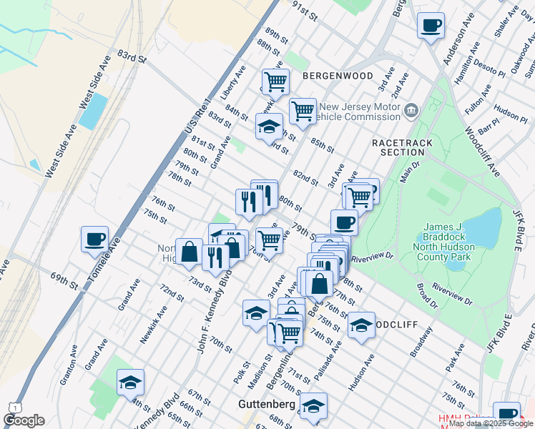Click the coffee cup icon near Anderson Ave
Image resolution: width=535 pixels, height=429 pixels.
pyautogui.click(x=430, y=26)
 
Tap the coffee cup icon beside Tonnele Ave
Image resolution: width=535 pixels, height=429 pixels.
pyautogui.click(x=94, y=240)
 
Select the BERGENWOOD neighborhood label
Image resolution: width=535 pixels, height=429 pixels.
pyautogui.click(x=338, y=75)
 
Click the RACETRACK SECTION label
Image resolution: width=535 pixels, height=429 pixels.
pyautogui.click(x=403, y=147)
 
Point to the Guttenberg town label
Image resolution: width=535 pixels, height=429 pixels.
pyautogui.click(x=266, y=405)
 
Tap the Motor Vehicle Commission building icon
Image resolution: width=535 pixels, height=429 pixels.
pyautogui.click(x=411, y=110)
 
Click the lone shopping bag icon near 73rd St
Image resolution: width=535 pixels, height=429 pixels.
pyautogui.click(x=189, y=252)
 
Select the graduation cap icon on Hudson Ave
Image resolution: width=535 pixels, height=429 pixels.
pyautogui.click(x=361, y=326)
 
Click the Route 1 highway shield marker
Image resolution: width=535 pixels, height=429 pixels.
pyautogui.click(x=13, y=407)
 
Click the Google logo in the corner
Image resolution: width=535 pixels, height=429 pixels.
pyautogui.click(x=24, y=420)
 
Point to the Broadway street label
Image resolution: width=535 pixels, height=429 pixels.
pyautogui.click(x=423, y=342)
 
